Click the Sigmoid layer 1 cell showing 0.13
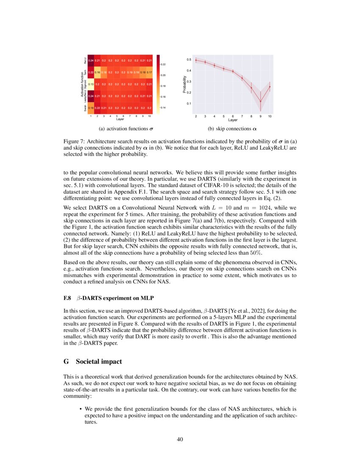(91, 84)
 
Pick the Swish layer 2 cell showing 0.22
(97, 108)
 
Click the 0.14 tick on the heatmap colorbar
(163, 108)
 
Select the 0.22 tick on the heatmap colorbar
(163, 64)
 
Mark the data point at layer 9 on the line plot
(260, 100)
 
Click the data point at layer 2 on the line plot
(196, 60)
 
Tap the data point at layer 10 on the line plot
(270, 86)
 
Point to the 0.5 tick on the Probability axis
(189, 60)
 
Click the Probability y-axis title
(185, 84)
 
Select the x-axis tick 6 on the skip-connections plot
(233, 116)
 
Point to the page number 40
(180, 439)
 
